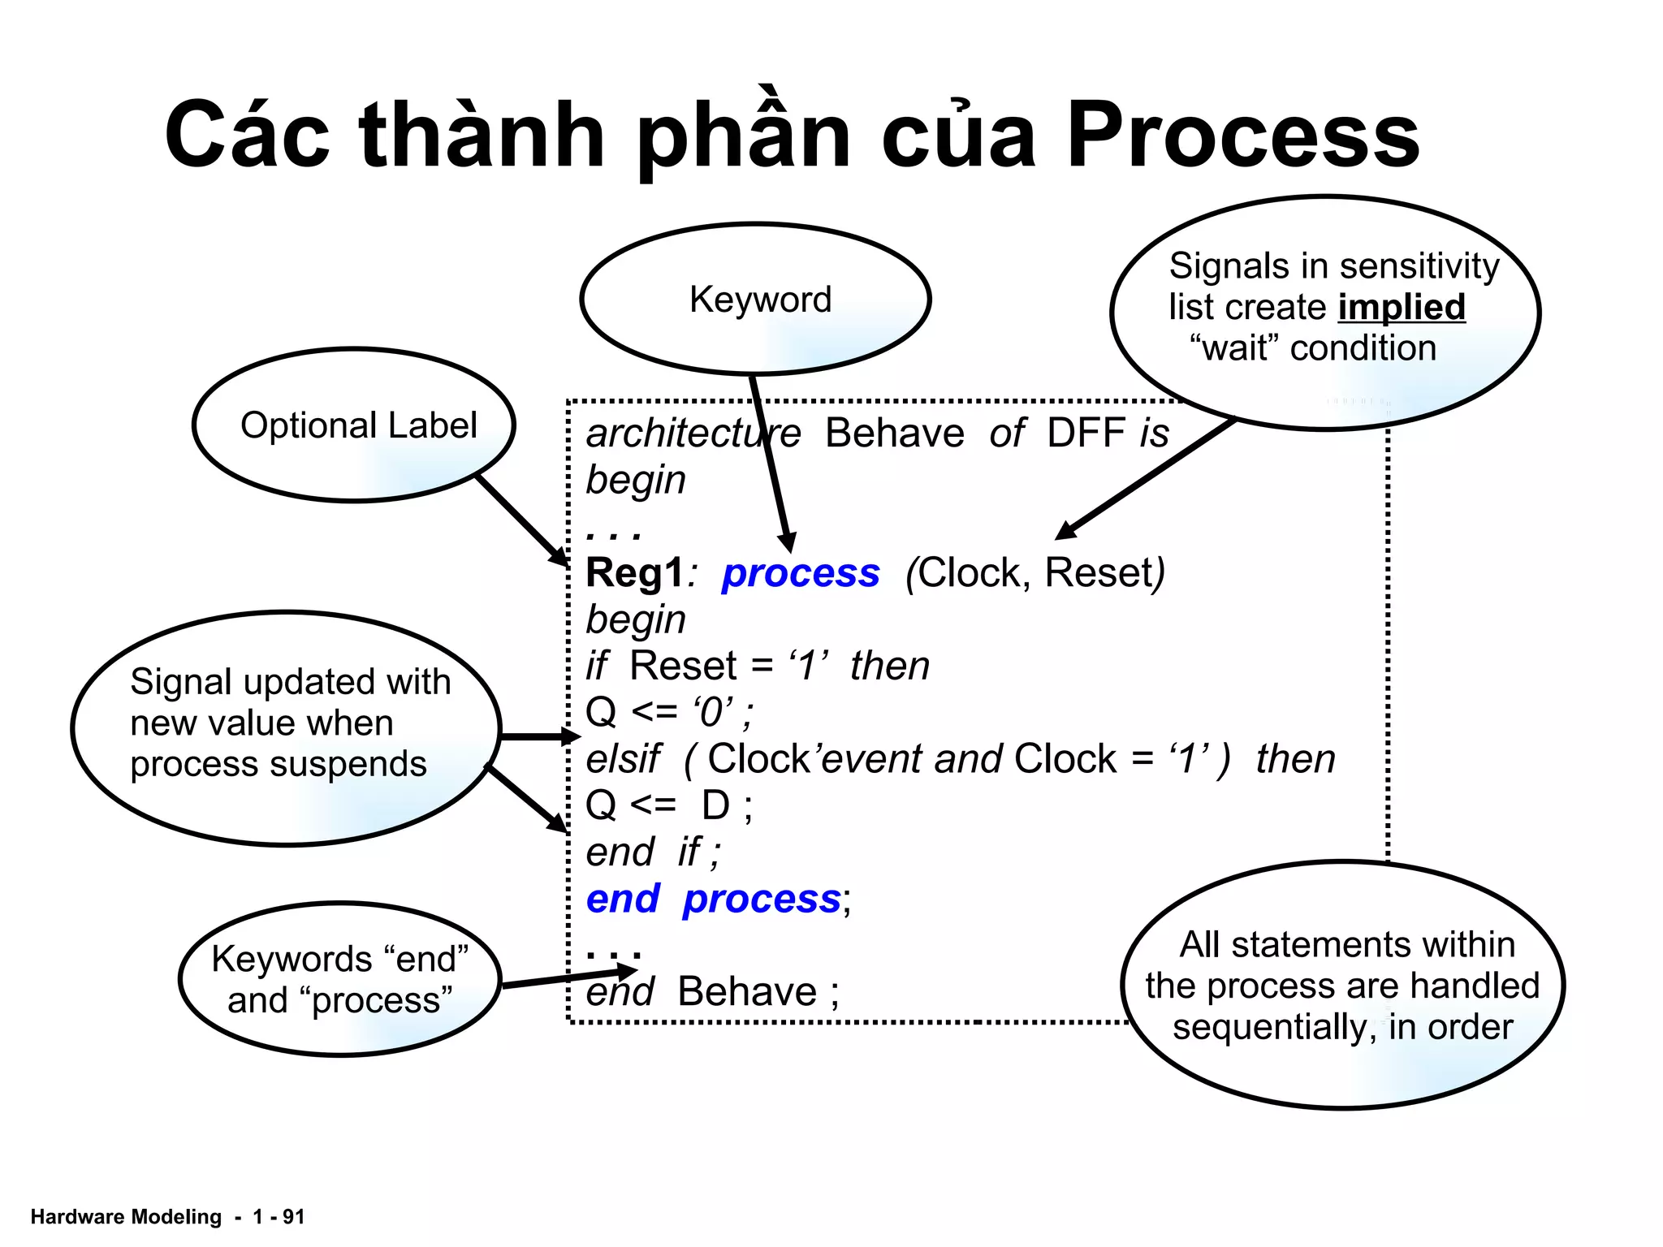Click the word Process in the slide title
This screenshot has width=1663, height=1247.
[x=1242, y=135]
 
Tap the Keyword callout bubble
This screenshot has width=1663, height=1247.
[x=756, y=299]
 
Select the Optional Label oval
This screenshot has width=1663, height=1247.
[x=355, y=425]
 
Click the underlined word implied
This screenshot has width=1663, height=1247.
[x=1402, y=308]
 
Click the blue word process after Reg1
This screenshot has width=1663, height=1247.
[x=801, y=573]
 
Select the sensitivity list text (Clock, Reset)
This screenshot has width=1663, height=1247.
[x=1035, y=573]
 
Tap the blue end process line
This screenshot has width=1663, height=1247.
[x=718, y=899]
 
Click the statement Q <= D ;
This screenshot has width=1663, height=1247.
[x=669, y=805]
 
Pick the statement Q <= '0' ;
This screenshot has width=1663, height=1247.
[x=669, y=712]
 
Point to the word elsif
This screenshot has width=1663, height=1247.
[x=624, y=759]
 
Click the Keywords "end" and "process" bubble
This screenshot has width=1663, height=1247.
[x=339, y=979]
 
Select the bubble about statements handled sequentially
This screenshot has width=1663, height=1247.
[x=1342, y=985]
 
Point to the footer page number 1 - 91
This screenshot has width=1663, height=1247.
[x=278, y=1216]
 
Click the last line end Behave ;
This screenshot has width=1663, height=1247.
[x=713, y=991]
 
